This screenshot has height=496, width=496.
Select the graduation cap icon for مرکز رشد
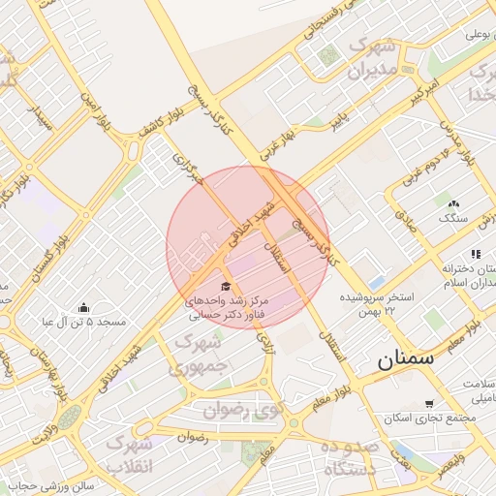point(226,287)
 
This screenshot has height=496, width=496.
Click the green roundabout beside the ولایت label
point(69,419)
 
